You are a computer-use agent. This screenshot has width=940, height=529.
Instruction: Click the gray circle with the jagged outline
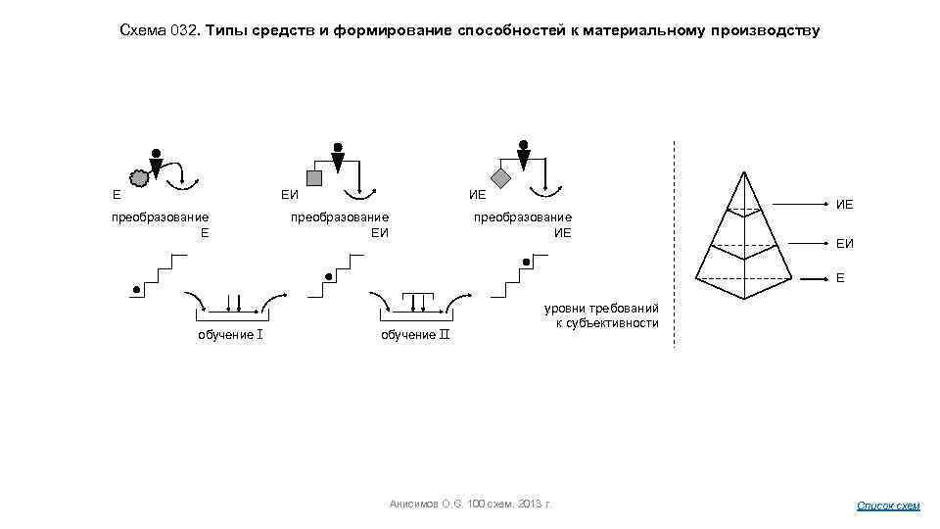(140, 177)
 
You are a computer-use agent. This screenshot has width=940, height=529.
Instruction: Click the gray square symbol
(314, 177)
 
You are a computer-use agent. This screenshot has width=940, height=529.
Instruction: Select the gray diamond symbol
(500, 178)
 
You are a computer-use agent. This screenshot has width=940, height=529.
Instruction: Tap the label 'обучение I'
(228, 335)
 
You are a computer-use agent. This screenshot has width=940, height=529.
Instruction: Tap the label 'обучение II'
(414, 335)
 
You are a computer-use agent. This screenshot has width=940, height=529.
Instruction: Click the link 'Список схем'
(888, 505)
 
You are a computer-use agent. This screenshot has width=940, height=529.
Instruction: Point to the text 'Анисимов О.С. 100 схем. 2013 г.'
(470, 504)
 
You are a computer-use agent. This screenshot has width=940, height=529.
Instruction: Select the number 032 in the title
(185, 30)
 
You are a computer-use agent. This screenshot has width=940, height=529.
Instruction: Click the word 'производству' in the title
(762, 30)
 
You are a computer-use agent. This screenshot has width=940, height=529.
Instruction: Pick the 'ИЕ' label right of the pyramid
(844, 205)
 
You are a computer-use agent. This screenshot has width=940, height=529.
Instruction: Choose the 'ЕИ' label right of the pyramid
(844, 243)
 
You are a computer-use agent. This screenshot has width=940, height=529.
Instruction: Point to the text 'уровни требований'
(601, 309)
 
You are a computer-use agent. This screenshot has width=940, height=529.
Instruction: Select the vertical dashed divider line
(675, 245)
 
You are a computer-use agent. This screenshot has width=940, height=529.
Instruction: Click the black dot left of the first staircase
(136, 289)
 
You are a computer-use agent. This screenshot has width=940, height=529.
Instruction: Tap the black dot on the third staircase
(527, 263)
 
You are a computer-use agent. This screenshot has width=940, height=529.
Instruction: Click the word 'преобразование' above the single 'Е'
(160, 216)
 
